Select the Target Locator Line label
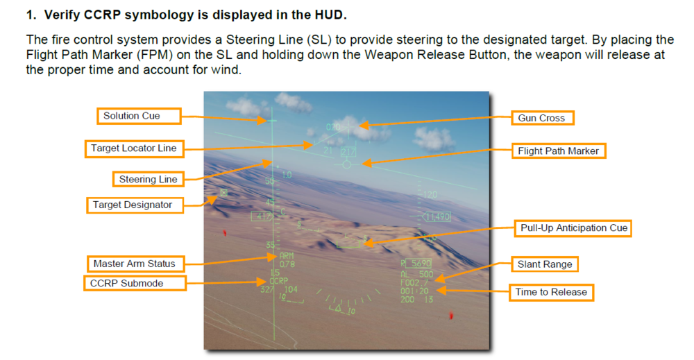pos(134,148)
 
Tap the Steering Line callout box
pos(148,179)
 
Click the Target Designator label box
pos(133,205)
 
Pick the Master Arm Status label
pos(135,264)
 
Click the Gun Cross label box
pos(542,118)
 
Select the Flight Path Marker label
pos(558,151)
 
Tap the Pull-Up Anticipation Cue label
pos(573,228)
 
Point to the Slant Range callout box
pos(544,264)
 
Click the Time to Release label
pos(551,292)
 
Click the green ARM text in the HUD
pos(286,255)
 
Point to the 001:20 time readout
pos(414,291)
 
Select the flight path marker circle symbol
pos(346,164)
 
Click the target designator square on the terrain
pos(223,192)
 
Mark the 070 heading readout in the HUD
pos(333,128)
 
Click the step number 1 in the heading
pos(29,14)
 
